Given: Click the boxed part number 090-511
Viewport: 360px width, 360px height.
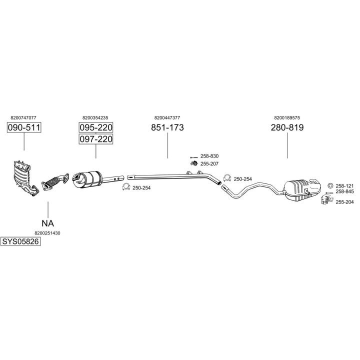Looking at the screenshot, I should pos(23,128).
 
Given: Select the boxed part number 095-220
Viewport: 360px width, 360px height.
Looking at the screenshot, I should pos(95,128).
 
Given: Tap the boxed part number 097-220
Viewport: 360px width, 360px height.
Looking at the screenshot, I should pos(95,139).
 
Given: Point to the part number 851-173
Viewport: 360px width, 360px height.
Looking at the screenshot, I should pos(167,128).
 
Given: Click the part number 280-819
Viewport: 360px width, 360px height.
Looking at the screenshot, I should pos(287,128).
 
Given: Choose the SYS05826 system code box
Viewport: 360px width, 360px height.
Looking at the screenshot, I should pos(20,241).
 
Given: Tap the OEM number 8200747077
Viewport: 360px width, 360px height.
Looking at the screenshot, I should pos(23,118).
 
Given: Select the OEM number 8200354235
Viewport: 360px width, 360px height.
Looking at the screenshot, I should pos(95,118).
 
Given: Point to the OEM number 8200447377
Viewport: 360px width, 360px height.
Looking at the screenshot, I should pos(167,118).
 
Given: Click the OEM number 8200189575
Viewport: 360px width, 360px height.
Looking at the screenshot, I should pos(287,118).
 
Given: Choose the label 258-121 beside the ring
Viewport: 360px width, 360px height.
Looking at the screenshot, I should pos(344,185).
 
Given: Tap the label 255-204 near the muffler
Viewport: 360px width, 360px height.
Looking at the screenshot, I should pos(344,202).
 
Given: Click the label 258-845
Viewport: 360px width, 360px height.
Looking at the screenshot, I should pos(344,191).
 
